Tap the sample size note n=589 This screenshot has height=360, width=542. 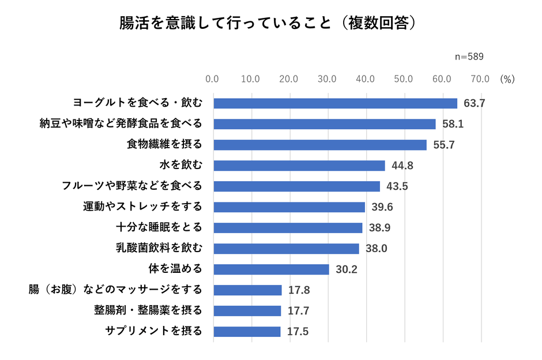(x=469, y=57)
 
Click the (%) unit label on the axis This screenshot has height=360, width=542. (x=507, y=78)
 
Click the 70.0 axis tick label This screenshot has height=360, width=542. (x=480, y=78)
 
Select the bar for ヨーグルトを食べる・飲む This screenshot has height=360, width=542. (x=335, y=103)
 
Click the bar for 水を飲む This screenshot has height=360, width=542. (x=299, y=166)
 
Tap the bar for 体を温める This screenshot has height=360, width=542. (x=271, y=269)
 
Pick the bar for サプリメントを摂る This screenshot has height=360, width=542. (x=247, y=332)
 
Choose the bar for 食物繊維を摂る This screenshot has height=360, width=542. (x=320, y=145)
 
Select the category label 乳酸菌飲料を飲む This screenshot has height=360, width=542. (x=159, y=249)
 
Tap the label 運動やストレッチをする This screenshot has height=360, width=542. (x=143, y=207)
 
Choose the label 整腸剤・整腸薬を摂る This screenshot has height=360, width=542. (x=148, y=311)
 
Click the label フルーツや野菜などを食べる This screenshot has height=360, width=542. (x=132, y=186)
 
